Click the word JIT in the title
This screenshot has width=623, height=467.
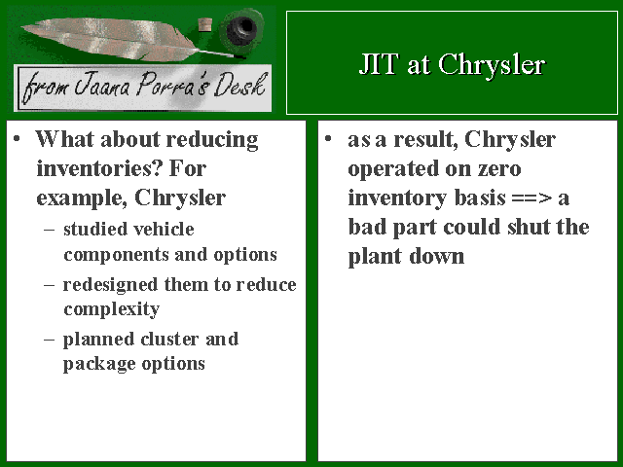point(379,63)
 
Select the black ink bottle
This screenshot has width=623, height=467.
point(241,29)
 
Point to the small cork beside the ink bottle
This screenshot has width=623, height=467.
point(205,24)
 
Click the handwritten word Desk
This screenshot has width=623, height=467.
point(239,85)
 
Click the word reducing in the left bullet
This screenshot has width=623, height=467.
point(212,140)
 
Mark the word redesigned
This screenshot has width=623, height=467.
point(110,285)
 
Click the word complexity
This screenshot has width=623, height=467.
point(112,309)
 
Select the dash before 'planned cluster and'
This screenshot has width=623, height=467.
point(50,340)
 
